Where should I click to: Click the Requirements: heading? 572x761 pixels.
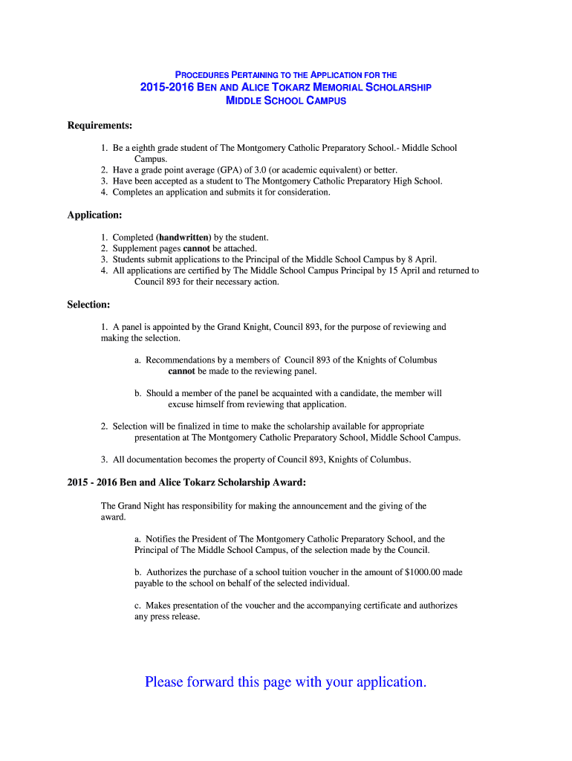(100, 126)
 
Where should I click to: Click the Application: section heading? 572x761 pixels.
(94, 215)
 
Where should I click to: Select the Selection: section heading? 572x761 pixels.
(88, 305)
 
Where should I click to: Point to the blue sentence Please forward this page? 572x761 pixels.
(286, 681)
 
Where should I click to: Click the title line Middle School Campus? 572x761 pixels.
(286, 100)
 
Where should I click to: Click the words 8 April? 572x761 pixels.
(420, 259)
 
